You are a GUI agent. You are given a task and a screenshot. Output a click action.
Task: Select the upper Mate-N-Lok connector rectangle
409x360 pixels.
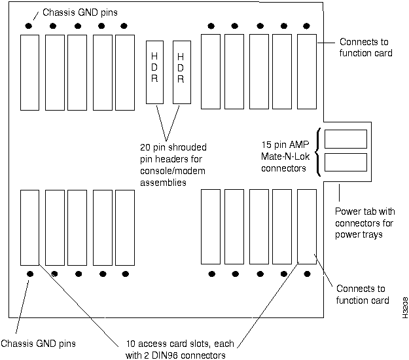345,138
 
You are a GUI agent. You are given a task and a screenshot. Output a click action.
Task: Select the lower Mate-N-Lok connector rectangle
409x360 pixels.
345,162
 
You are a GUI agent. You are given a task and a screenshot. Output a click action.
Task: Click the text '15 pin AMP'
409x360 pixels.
285,145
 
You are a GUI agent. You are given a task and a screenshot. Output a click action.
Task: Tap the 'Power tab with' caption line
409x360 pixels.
365,212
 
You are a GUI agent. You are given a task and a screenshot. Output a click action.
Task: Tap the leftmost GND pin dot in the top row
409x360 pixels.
29,26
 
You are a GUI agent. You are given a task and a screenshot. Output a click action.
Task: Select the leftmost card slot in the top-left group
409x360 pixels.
29,72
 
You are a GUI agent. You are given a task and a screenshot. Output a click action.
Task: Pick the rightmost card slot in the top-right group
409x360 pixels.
306,72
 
